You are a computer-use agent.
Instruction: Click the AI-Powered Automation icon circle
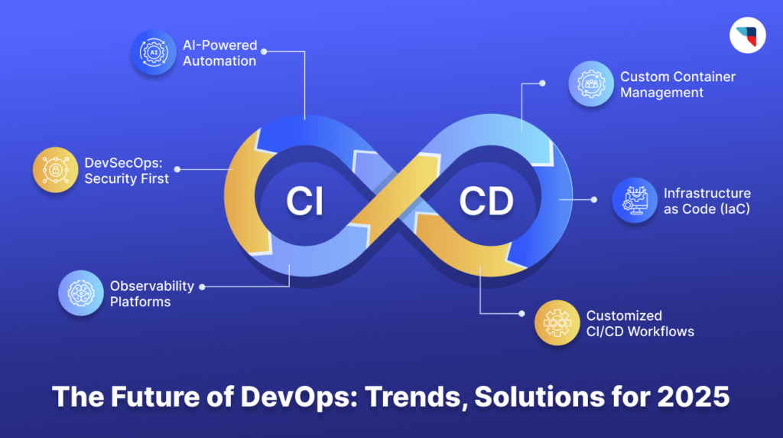[x=154, y=53]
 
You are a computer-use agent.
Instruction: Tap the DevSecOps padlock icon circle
[x=56, y=169]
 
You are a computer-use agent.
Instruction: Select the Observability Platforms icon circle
[x=80, y=293]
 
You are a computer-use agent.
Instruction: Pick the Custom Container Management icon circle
[x=591, y=83]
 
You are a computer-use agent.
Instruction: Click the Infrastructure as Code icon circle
[x=635, y=201]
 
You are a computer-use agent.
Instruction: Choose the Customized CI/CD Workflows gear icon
[x=557, y=323]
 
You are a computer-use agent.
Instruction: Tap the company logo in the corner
[x=748, y=34]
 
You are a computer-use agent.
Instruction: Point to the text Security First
[x=127, y=178]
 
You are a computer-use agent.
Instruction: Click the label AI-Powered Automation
[x=220, y=53]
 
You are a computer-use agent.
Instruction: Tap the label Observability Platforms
[x=152, y=293]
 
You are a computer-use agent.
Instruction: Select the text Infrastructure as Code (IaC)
[x=707, y=201]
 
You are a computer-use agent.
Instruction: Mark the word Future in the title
[x=143, y=398]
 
